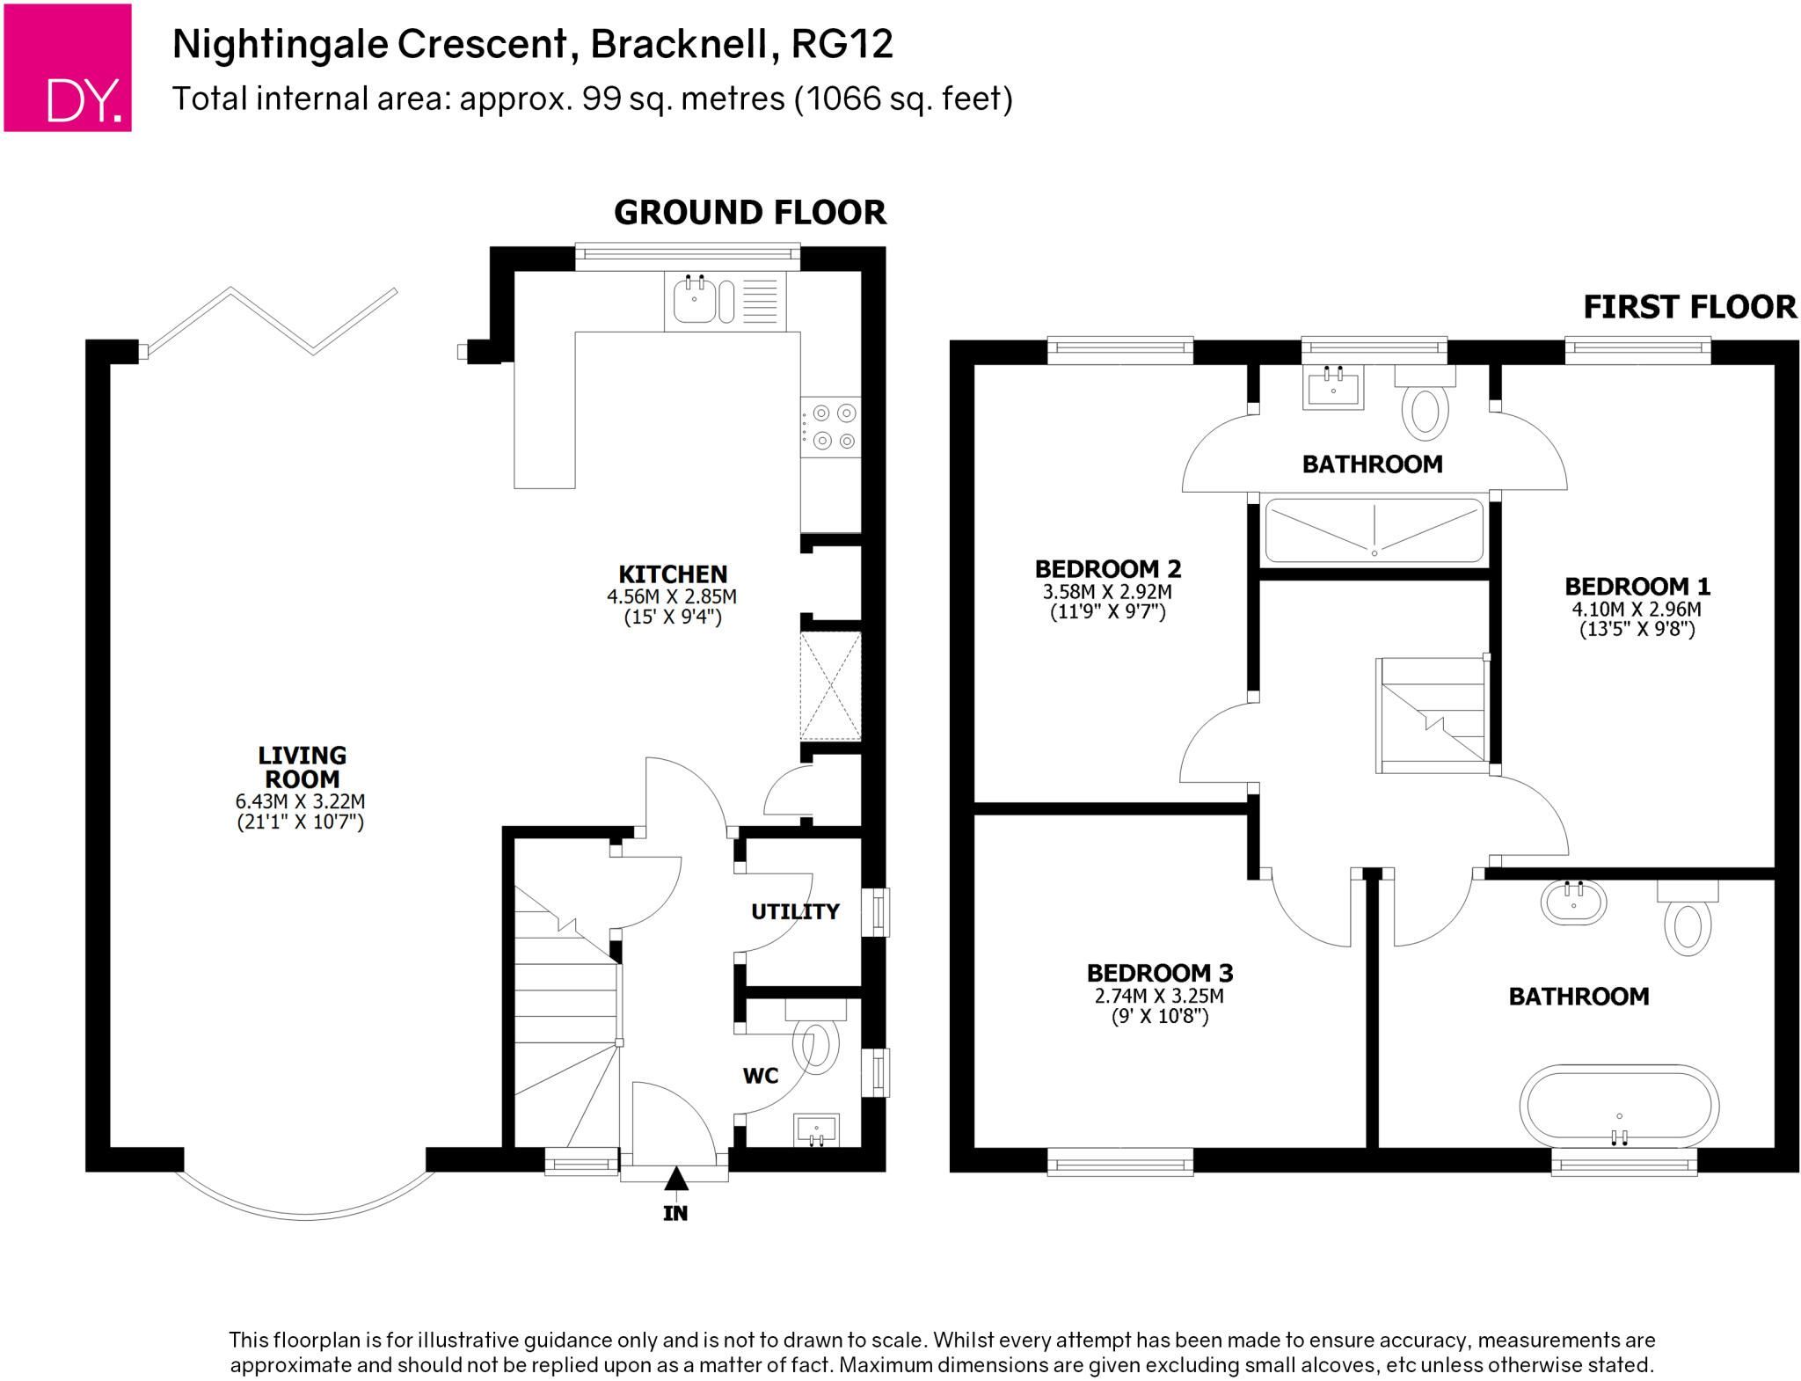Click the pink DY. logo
[x=68, y=68]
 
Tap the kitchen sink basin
[x=695, y=299]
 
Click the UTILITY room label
[x=795, y=911]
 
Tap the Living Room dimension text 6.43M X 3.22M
[x=301, y=801]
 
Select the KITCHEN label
[x=673, y=574]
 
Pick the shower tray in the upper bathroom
[x=1374, y=530]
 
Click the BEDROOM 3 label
[x=1160, y=973]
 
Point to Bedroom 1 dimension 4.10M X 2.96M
[x=1637, y=609]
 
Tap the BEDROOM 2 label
[x=1107, y=568]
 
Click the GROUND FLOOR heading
[x=750, y=213]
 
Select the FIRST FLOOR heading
[x=1690, y=307]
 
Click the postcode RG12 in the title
[x=842, y=44]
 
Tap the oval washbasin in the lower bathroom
[x=1573, y=902]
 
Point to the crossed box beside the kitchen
[x=830, y=686]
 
